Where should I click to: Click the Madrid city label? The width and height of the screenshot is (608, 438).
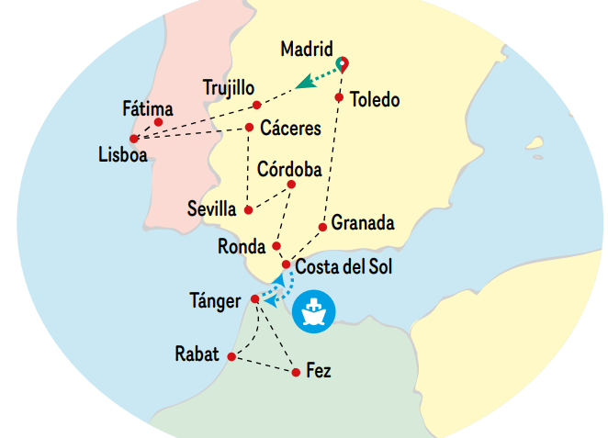[309, 47]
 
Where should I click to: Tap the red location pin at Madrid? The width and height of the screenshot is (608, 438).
[343, 63]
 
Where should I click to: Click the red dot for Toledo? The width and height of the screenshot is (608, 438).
[339, 97]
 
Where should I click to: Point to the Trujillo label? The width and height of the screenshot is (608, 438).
[229, 88]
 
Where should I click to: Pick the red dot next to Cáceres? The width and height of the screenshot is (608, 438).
[250, 128]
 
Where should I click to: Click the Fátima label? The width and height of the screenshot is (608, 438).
[147, 108]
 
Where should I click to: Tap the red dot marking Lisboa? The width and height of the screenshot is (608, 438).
[134, 139]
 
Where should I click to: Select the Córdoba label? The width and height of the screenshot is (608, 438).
[289, 169]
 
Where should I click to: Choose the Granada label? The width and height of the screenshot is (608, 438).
[363, 222]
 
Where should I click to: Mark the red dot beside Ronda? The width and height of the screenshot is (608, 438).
[276, 246]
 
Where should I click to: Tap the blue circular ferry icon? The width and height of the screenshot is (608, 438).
[314, 311]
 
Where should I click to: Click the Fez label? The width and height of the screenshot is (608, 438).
[319, 371]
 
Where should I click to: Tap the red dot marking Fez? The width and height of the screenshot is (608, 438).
[296, 372]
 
